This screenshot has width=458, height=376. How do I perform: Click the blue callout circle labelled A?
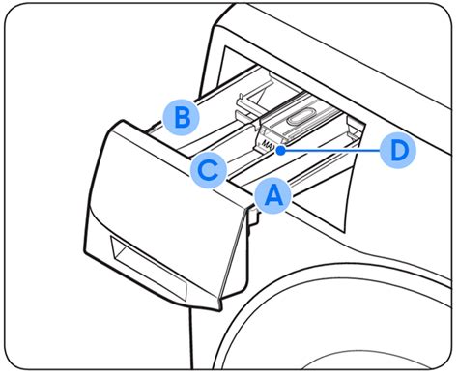[272, 196]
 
